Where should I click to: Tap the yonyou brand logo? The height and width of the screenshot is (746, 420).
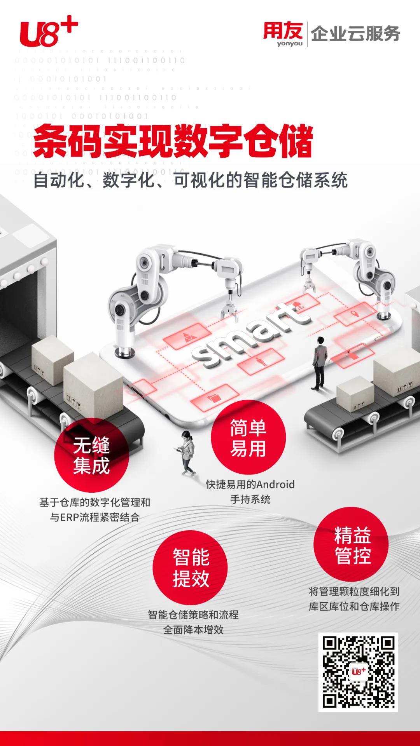(x=283, y=34)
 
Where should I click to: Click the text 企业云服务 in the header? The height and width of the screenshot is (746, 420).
(x=355, y=34)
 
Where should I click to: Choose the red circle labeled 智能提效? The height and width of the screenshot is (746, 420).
(x=191, y=568)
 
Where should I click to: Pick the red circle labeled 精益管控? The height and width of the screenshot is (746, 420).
(x=352, y=544)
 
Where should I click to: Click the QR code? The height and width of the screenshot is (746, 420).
(x=358, y=672)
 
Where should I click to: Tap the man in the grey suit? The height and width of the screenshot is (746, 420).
(x=320, y=363)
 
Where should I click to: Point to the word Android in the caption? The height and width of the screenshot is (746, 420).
(x=275, y=485)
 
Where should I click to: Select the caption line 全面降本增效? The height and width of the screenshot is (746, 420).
(x=193, y=630)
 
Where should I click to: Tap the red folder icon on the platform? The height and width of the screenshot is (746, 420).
(x=214, y=397)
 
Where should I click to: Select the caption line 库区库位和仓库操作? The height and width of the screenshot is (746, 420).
(x=354, y=606)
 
